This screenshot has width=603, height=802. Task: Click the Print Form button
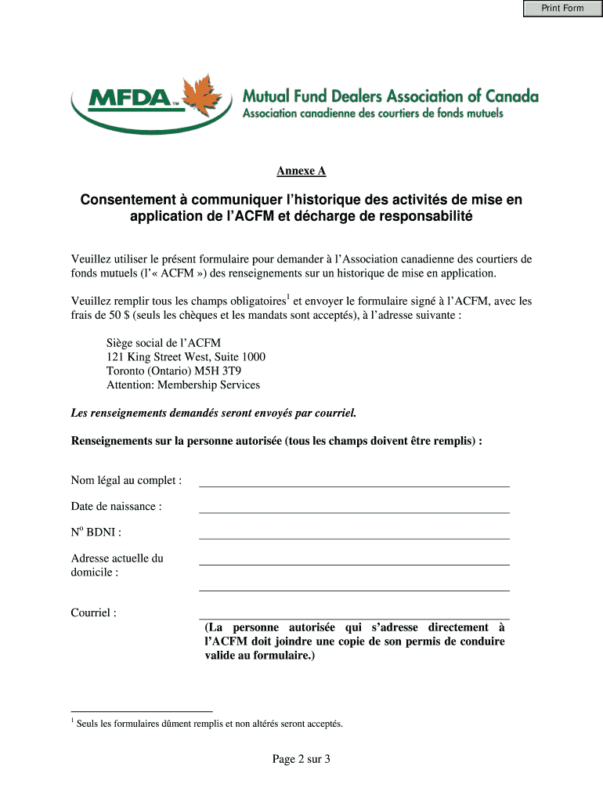click(x=562, y=9)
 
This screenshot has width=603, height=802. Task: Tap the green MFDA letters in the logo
click(x=125, y=99)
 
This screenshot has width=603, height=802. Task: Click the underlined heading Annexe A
click(x=301, y=171)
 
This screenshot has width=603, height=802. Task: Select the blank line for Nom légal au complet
click(x=354, y=480)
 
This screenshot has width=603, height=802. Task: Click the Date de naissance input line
click(x=354, y=507)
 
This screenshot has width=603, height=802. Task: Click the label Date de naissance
click(x=117, y=507)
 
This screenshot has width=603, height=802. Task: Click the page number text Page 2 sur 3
click(x=301, y=759)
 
